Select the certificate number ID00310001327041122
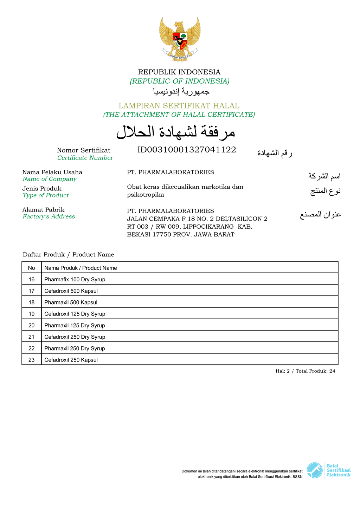point(186,150)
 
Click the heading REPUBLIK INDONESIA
point(179,72)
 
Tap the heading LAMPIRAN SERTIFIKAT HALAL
point(179,106)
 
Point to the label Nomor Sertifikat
point(84,150)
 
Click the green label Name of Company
point(50,179)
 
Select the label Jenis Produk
point(42,189)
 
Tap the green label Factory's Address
point(49,216)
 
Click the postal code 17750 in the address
point(162,235)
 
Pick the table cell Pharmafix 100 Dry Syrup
point(75,280)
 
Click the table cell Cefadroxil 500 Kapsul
point(71,291)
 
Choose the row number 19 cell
point(32,314)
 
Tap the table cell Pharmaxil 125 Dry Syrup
point(75,326)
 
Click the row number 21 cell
point(32,337)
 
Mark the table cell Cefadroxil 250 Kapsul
point(71,360)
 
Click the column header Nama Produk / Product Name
point(81,268)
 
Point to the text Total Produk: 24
point(315,371)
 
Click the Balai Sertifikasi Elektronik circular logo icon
point(314,470)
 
